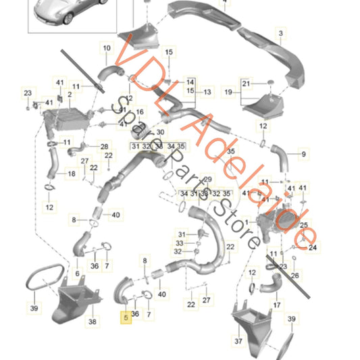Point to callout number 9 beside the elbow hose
coord(303,155)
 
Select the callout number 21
coord(246,83)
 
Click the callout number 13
coord(207,91)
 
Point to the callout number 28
coord(104,147)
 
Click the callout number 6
coord(76,273)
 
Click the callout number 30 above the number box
coord(160,132)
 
